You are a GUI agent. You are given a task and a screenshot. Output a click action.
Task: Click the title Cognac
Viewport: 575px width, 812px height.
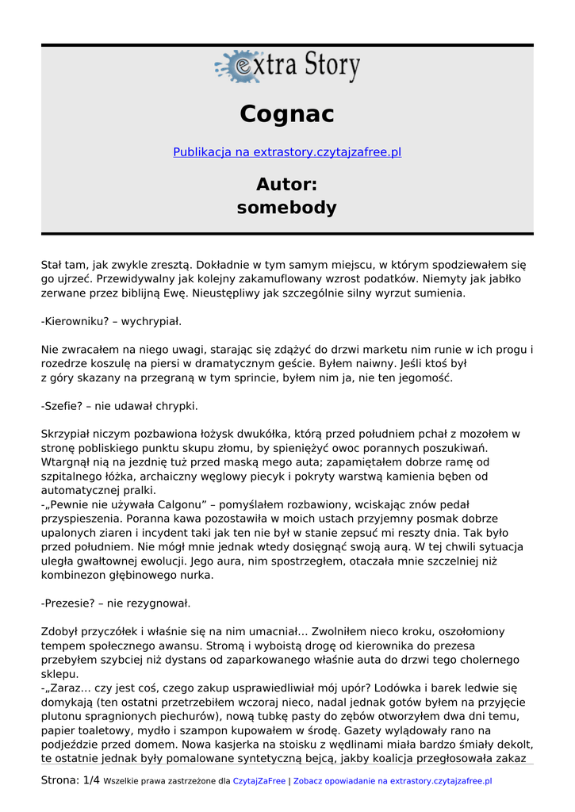(287, 114)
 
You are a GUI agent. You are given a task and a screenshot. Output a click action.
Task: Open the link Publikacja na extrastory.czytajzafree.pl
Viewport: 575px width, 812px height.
(287, 152)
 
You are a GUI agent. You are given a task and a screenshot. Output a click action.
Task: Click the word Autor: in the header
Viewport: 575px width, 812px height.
(287, 185)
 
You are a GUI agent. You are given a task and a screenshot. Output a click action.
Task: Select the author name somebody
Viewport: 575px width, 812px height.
(287, 208)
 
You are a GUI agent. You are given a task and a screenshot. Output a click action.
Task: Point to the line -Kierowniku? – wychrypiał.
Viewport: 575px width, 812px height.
(111, 321)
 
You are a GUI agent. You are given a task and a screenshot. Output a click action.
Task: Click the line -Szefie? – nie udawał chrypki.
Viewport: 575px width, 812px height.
(119, 406)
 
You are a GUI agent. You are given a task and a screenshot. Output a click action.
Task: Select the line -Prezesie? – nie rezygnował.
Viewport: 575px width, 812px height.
(116, 603)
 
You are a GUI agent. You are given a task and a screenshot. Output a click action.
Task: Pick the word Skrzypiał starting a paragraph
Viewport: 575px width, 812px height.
(68, 434)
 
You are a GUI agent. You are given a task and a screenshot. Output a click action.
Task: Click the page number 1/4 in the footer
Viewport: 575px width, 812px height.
(91, 780)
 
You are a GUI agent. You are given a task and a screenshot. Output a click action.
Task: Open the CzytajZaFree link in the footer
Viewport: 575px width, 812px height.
(259, 781)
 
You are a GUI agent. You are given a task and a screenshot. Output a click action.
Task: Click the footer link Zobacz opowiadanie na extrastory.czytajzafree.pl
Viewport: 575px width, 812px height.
(393, 781)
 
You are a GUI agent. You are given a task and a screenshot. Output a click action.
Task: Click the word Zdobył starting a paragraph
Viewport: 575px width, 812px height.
(62, 631)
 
